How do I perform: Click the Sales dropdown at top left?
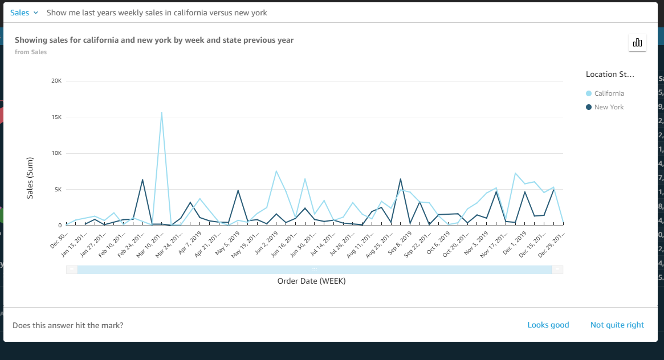click(x=23, y=13)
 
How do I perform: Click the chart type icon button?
click(x=637, y=43)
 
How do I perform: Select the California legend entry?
click(x=608, y=93)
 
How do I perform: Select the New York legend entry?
click(x=608, y=107)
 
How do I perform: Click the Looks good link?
click(x=548, y=325)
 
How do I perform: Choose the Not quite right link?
click(x=617, y=325)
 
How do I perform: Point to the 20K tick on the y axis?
click(x=56, y=81)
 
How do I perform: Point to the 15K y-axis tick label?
click(x=56, y=117)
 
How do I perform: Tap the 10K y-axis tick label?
click(x=56, y=153)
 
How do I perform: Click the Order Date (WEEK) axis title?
click(x=311, y=281)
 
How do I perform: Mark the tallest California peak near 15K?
click(x=162, y=113)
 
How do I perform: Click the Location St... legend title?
click(x=609, y=75)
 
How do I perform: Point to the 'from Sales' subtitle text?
click(x=31, y=52)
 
